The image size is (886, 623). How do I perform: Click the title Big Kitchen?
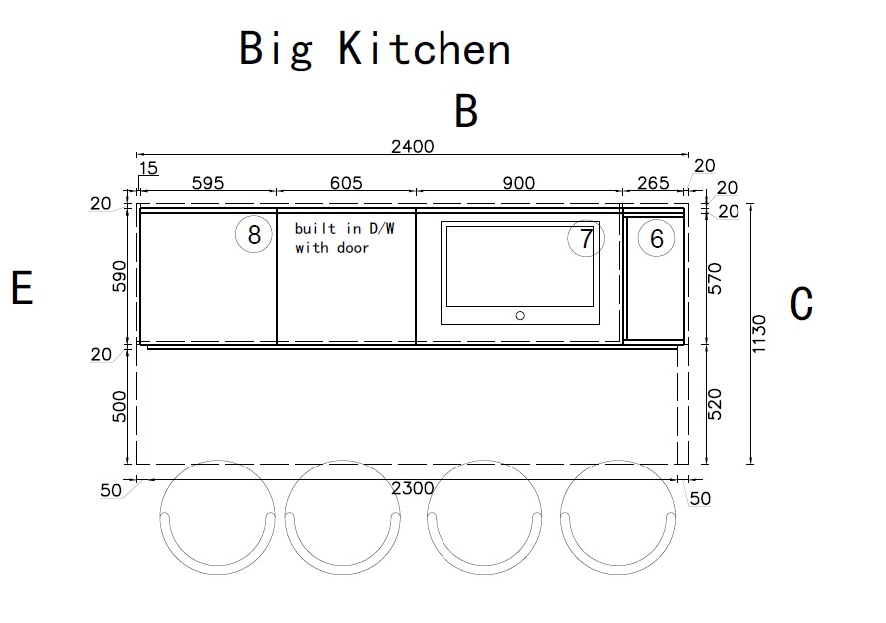tap(375, 49)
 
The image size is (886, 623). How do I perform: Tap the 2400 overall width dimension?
tap(413, 146)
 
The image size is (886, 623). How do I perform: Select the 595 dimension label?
tap(208, 183)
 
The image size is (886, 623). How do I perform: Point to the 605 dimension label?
tap(346, 183)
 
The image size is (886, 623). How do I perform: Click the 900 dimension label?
tap(518, 183)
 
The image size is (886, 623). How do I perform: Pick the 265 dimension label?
tap(653, 183)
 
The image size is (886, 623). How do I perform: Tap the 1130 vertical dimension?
tap(759, 334)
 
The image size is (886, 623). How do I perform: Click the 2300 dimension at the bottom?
tap(413, 488)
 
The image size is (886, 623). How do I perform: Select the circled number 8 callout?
tap(254, 234)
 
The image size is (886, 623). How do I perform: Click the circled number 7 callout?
tap(586, 238)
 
